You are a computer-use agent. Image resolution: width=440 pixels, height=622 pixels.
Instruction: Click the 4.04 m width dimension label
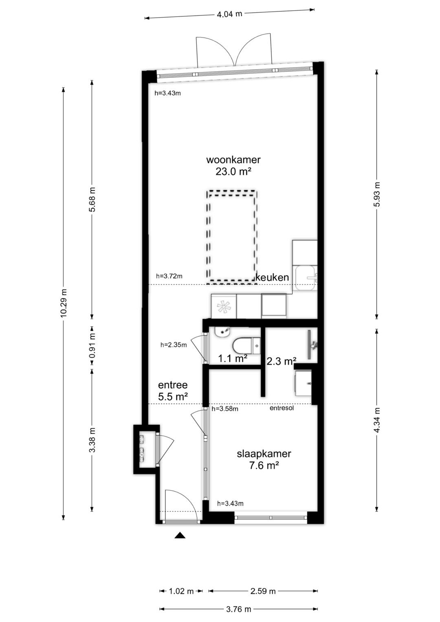pos(229,14)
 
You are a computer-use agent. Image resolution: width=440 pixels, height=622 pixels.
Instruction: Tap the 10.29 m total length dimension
pos(64,303)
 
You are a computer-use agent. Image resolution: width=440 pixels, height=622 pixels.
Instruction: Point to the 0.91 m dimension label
pos(92,345)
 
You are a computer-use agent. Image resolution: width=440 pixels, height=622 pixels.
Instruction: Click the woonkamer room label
pos(233,160)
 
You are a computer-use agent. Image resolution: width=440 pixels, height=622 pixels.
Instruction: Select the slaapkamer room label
pos(264,454)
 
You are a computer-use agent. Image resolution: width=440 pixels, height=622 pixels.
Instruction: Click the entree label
pos(173,385)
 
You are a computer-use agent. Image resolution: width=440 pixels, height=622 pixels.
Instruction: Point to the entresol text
pos(282,408)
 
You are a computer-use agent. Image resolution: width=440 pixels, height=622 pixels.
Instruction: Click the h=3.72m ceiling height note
pos(169,276)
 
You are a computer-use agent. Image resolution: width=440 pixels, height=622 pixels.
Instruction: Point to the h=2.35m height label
pos(174,345)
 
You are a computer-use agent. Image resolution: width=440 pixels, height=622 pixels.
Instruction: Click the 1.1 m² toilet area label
pos(233,359)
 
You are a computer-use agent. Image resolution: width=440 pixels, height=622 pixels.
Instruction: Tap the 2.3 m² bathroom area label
pos(281,361)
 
